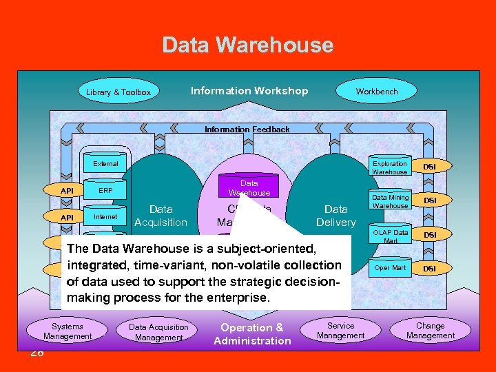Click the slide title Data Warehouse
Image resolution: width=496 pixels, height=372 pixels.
[x=248, y=45]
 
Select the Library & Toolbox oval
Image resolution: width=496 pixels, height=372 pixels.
[x=118, y=92]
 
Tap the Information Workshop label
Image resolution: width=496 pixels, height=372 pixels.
[x=249, y=91]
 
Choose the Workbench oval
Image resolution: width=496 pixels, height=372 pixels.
[x=376, y=91]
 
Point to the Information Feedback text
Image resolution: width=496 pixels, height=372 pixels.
[x=247, y=130]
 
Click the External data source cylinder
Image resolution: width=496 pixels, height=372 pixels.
[x=105, y=164]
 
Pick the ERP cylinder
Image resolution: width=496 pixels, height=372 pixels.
[x=105, y=190]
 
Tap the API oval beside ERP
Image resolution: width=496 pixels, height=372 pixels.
[x=67, y=191]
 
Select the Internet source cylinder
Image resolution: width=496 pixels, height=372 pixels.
[x=105, y=216]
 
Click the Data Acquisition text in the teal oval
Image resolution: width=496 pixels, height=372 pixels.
[x=161, y=216]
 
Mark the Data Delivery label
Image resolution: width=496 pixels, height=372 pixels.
[x=335, y=216]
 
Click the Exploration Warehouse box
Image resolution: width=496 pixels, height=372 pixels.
[x=390, y=167]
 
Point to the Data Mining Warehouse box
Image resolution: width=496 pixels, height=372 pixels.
[x=390, y=201]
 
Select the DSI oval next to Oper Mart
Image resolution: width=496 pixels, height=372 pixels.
[x=429, y=269]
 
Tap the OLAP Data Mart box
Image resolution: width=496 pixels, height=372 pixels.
[x=390, y=236]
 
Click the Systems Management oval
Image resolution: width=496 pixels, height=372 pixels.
[x=68, y=331]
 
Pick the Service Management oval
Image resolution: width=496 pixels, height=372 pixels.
[x=340, y=331]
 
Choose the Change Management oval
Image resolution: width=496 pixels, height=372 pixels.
[x=431, y=331]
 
